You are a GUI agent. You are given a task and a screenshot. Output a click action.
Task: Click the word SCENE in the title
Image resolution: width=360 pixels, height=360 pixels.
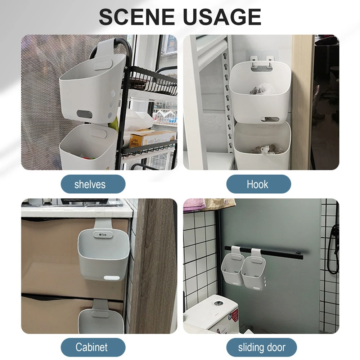[137, 17]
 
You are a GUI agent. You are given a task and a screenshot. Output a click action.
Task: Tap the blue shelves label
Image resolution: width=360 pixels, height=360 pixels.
[93, 184]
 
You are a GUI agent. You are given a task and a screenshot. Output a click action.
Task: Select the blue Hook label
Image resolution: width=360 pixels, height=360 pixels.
[258, 184]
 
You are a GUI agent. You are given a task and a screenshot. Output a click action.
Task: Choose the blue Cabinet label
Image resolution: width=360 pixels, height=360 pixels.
[93, 347]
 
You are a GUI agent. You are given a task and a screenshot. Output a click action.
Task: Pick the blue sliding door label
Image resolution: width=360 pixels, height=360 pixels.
[261, 347]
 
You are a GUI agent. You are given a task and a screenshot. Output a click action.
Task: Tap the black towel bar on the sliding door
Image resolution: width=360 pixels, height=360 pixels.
[264, 252]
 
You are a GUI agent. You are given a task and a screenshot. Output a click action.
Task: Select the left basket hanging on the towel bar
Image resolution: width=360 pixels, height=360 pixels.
[232, 266]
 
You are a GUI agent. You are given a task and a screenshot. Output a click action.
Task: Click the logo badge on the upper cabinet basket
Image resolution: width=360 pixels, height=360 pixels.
[103, 234]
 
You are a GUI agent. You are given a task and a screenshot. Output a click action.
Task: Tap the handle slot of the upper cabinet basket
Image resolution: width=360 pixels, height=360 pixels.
[112, 278]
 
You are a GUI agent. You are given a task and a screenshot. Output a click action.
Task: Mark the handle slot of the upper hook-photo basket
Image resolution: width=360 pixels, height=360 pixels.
[270, 120]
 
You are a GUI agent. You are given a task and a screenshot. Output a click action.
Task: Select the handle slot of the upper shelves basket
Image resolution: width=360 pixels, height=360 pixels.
[84, 114]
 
